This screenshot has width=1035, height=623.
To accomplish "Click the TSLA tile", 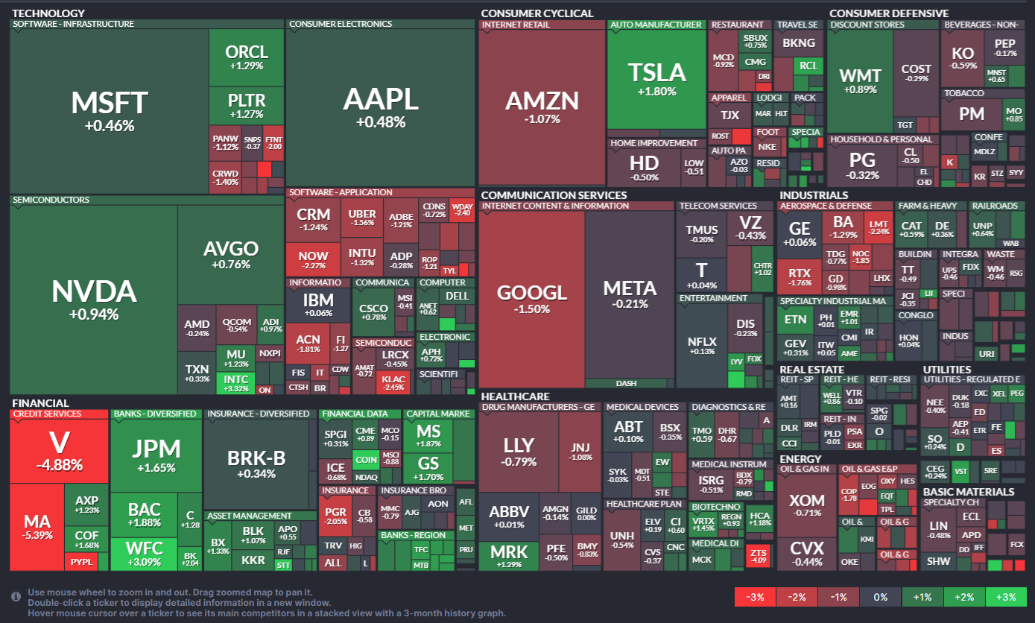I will click(x=656, y=78).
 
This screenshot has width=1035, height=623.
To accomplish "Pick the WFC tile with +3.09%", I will click(x=145, y=554).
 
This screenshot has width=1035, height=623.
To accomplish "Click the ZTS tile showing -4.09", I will click(x=759, y=554).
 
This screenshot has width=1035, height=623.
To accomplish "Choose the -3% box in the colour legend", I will click(x=755, y=597).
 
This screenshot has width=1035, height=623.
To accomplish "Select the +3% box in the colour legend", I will click(x=1005, y=597).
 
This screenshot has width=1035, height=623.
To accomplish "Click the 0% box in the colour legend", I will click(x=880, y=597).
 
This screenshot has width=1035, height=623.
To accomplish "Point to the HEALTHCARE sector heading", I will click(x=515, y=396).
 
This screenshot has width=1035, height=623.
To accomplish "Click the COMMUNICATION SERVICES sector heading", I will click(x=554, y=195).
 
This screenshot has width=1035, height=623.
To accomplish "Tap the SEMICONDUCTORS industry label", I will click(x=51, y=200).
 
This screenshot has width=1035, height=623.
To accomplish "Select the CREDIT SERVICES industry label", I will click(x=47, y=414).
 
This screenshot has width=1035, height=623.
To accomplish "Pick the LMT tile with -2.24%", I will click(x=879, y=227).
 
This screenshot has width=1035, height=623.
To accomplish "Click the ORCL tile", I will click(x=247, y=57).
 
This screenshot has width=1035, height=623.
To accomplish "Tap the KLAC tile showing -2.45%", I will click(x=393, y=382).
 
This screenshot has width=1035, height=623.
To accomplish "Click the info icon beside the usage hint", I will click(x=16, y=597).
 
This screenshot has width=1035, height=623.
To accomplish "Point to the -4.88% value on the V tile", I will click(x=59, y=466).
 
